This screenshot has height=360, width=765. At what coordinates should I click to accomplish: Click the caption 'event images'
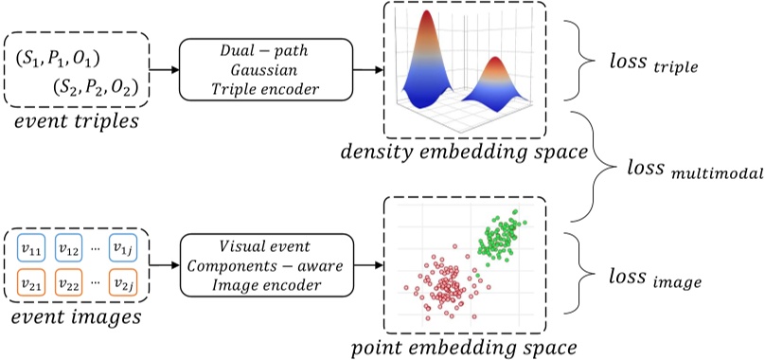(76, 315)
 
